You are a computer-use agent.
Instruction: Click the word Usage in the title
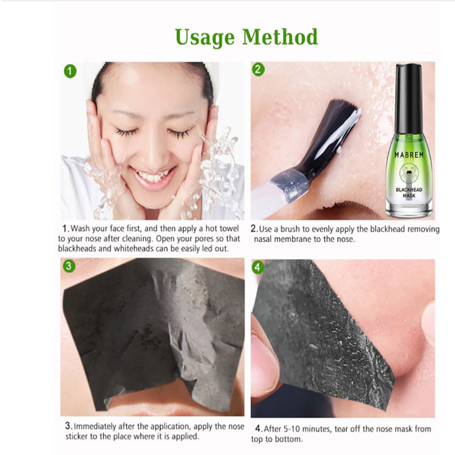click(x=205, y=38)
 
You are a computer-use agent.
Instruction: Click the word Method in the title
click(x=280, y=36)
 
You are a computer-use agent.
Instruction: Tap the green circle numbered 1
click(x=70, y=72)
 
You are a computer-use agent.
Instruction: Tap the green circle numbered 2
click(x=258, y=69)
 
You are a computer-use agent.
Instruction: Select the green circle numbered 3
click(x=69, y=266)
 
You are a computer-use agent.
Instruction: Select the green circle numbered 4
click(x=258, y=267)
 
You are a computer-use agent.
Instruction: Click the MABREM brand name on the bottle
click(x=409, y=155)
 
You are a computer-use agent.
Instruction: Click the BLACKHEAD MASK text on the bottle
click(x=409, y=193)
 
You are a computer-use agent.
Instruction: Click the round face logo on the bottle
click(x=409, y=172)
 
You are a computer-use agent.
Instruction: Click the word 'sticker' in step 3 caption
click(x=77, y=437)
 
